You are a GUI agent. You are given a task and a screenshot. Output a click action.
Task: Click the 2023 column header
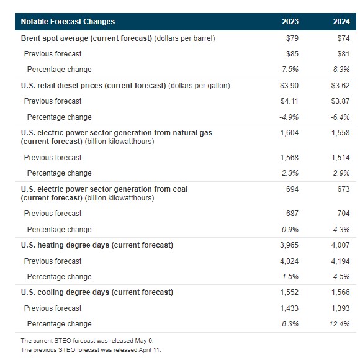(290, 22)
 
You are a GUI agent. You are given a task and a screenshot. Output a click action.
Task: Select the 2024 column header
(341, 22)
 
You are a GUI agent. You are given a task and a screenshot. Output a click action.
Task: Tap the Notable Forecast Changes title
(68, 22)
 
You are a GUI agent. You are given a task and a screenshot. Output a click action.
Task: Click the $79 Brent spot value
(292, 38)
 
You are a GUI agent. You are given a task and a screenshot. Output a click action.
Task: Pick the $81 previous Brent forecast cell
(343, 54)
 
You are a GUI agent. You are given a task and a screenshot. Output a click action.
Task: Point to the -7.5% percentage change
(289, 70)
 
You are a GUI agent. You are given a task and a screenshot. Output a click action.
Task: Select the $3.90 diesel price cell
(289, 86)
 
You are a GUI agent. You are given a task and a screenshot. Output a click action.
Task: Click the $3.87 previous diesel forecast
(341, 101)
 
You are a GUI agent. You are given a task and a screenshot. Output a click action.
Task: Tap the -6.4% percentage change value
(340, 117)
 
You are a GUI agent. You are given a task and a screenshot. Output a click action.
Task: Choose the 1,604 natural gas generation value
(289, 133)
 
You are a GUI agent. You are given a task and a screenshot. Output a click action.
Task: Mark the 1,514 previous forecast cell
(341, 158)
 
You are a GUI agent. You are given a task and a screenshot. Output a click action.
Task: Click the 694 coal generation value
(292, 189)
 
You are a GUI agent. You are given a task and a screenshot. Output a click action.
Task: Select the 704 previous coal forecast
(343, 214)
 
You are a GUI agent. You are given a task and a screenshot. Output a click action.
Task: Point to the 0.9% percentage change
(290, 230)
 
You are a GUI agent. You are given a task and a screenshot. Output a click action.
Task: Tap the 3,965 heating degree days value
(289, 245)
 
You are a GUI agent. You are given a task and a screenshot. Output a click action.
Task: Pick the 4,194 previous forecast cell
(341, 261)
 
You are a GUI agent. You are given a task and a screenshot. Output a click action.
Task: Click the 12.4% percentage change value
(340, 324)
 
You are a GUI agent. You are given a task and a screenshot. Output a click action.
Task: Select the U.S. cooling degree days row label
(97, 292)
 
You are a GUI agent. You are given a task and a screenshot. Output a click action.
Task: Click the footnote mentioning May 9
(88, 341)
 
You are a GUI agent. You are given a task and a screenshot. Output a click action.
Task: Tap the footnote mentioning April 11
(91, 350)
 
